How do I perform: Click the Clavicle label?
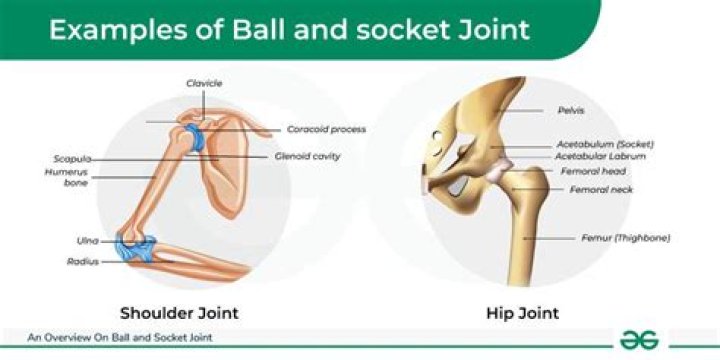click(203, 82)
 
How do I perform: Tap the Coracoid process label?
click(326, 129)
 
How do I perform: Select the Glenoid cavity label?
click(307, 156)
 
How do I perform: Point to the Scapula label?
click(73, 159)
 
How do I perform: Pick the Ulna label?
click(87, 240)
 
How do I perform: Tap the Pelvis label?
click(571, 110)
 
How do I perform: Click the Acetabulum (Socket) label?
click(602, 143)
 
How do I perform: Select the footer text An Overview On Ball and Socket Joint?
click(120, 338)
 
